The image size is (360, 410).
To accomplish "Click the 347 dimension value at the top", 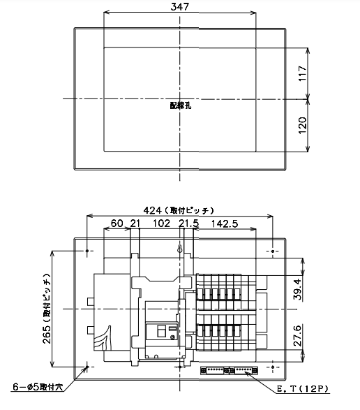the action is pyautogui.click(x=180, y=7).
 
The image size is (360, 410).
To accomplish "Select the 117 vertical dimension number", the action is pyautogui.click(x=302, y=73).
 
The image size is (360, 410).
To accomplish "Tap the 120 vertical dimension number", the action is pyautogui.click(x=302, y=126).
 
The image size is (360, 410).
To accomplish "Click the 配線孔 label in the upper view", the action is pyautogui.click(x=181, y=105).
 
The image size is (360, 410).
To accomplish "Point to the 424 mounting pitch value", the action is pyautogui.click(x=153, y=210).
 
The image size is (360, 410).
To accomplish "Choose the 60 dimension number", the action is pyautogui.click(x=117, y=224).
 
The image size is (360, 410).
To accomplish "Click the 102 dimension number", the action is pyautogui.click(x=161, y=224).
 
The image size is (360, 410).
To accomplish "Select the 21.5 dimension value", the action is pyautogui.click(x=188, y=224).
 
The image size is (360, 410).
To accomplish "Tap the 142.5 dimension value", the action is pyautogui.click(x=225, y=224).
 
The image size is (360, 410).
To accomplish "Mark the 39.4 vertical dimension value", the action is pyautogui.click(x=298, y=289).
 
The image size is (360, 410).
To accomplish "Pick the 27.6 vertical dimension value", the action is pyautogui.click(x=298, y=335).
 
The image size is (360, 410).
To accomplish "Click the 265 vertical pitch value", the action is pyautogui.click(x=47, y=335).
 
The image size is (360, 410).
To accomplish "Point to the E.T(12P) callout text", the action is pyautogui.click(x=302, y=389).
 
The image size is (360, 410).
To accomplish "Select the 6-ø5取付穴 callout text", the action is pyautogui.click(x=38, y=387).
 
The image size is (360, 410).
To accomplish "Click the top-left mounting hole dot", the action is pyautogui.click(x=87, y=251).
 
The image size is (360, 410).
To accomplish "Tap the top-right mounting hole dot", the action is pyautogui.click(x=273, y=251).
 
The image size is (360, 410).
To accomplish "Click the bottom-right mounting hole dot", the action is pyautogui.click(x=273, y=367).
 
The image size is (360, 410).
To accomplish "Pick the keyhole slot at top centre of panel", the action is pyautogui.click(x=180, y=249).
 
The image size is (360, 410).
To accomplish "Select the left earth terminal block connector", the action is pyautogui.click(x=214, y=370).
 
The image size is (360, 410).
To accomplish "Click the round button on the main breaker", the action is pyautogui.click(x=172, y=337).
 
